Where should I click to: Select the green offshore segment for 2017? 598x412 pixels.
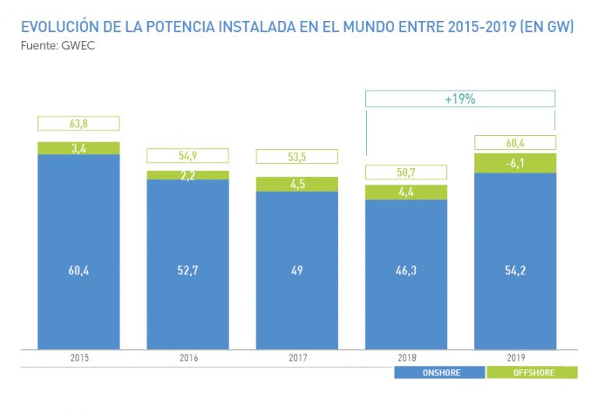point(297,184)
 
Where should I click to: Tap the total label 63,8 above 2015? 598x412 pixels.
point(79,123)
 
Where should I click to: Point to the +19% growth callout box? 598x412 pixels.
point(460,100)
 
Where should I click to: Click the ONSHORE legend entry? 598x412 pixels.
point(439,373)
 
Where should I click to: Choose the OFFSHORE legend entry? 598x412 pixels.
point(533,373)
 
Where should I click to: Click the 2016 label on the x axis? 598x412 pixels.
point(188,358)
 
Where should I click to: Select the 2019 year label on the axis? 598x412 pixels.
point(515,358)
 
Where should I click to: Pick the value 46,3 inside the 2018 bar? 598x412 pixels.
point(406,271)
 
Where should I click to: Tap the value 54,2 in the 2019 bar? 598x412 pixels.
point(515,271)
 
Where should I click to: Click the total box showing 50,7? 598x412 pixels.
point(406,173)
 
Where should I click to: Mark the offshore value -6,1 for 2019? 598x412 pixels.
point(515,163)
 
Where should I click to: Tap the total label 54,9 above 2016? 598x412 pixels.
point(188,155)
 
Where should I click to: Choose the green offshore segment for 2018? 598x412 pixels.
point(406,192)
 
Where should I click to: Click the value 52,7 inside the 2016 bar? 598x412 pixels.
point(188,271)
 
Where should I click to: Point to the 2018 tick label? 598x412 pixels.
point(406,358)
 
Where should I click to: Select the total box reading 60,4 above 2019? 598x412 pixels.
point(515,142)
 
